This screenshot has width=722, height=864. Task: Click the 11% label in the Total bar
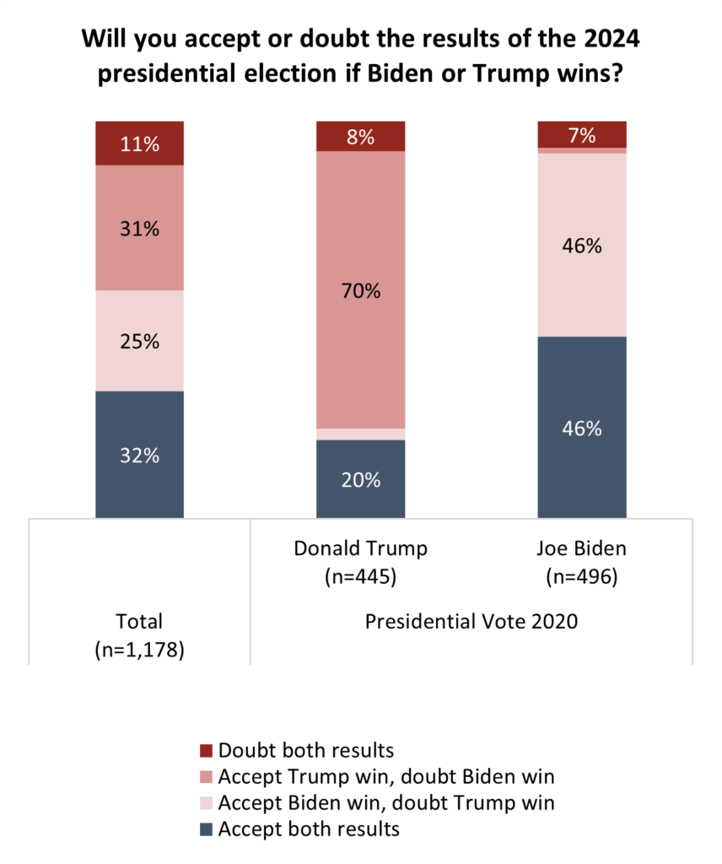pyautogui.click(x=139, y=143)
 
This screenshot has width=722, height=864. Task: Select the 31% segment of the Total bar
pyautogui.click(x=139, y=228)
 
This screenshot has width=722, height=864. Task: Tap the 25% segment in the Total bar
pyautogui.click(x=139, y=341)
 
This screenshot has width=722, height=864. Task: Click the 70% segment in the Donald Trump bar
pyautogui.click(x=361, y=291)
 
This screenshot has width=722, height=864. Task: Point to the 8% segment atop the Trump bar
pyautogui.click(x=361, y=136)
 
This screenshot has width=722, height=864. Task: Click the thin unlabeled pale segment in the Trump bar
pyautogui.click(x=361, y=434)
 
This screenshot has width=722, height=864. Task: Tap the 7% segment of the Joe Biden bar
pyautogui.click(x=582, y=134)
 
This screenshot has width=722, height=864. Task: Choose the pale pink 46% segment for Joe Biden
pyautogui.click(x=582, y=246)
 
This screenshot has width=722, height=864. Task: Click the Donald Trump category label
pyautogui.click(x=361, y=548)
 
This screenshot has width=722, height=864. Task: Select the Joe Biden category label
pyautogui.click(x=582, y=548)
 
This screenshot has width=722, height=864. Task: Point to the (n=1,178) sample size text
pyautogui.click(x=139, y=651)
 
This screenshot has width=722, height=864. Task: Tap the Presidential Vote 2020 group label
pyautogui.click(x=471, y=623)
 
